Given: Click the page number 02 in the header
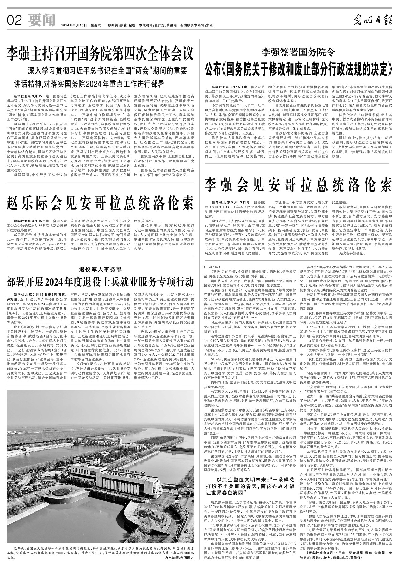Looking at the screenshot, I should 14,21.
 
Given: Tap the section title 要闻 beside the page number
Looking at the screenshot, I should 39,21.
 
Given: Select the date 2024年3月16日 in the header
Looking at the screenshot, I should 74,25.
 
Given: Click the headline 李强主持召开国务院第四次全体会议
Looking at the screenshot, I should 100,54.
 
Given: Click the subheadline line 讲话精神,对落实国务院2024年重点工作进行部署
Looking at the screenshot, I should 89,84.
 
